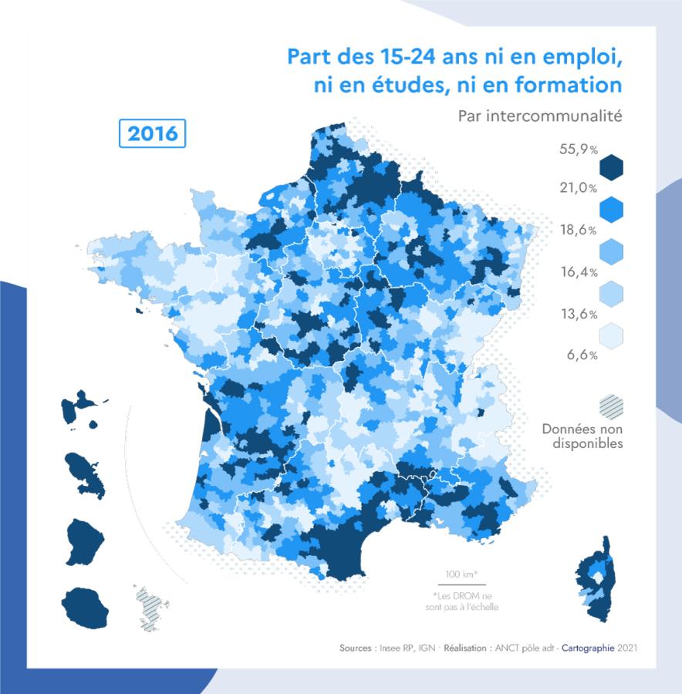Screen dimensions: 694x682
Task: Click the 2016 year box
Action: click(153, 133)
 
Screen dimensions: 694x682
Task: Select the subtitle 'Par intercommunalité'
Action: click(539, 116)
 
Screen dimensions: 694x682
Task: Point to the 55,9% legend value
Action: click(579, 150)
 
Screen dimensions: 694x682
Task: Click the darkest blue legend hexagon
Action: click(611, 167)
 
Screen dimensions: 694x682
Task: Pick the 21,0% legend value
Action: click(579, 188)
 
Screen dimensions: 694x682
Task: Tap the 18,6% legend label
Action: click(579, 231)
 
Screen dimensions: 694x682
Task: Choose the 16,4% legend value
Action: click(579, 272)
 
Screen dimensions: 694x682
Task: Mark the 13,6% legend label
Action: click(579, 314)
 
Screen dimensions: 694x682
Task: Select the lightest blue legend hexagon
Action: click(611, 335)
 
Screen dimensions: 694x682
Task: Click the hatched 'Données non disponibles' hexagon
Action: click(611, 406)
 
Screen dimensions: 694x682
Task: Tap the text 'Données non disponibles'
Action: click(582, 436)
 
